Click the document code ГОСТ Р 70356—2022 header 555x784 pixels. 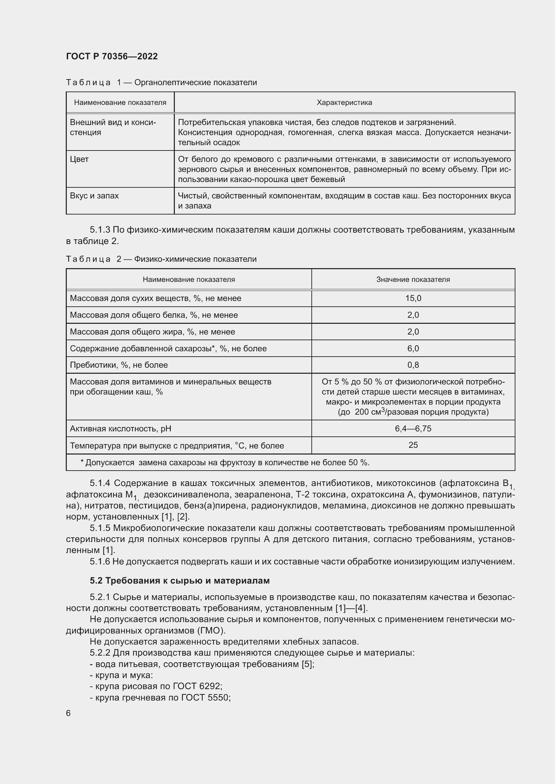point(112,56)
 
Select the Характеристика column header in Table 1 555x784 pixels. point(344,103)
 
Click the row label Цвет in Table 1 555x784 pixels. point(79,159)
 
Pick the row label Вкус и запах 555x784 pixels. point(94,196)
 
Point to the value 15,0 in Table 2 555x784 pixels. point(413,298)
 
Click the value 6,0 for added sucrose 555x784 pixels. point(413,348)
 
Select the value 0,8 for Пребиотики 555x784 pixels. point(413,365)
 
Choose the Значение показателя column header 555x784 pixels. point(413,279)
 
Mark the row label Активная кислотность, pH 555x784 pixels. point(120,429)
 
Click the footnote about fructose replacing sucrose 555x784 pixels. point(225,462)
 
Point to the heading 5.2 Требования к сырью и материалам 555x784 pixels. point(180,581)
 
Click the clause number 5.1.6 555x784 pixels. point(100,561)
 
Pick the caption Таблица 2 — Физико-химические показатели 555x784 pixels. point(161,259)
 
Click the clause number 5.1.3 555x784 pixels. point(100,230)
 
